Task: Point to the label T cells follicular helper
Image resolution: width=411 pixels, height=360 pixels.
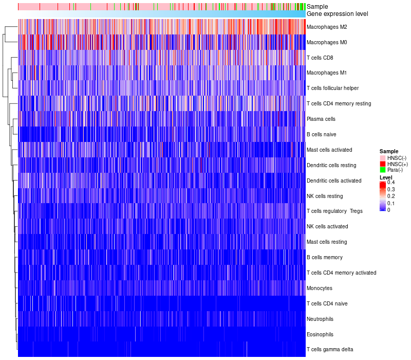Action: click(332, 88)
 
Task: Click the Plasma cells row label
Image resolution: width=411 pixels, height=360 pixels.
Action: click(321, 119)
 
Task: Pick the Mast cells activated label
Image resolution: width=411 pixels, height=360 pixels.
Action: click(329, 150)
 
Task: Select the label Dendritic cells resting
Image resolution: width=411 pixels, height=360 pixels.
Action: click(331, 165)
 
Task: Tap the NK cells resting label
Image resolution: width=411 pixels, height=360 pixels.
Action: click(324, 196)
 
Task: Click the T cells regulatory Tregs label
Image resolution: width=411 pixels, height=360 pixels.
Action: click(334, 211)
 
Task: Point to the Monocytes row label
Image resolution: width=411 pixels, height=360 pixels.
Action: click(319, 288)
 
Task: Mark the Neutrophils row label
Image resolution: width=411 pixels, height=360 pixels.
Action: click(320, 319)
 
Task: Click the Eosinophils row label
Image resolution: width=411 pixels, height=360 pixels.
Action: click(320, 334)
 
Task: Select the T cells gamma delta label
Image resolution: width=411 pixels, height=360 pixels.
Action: click(330, 350)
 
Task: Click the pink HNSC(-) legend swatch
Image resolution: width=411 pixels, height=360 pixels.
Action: click(383, 158)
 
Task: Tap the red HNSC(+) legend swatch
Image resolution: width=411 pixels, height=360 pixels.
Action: click(383, 164)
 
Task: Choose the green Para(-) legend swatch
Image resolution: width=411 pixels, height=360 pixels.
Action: click(383, 170)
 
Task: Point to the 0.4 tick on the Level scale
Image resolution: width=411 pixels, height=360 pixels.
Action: click(391, 183)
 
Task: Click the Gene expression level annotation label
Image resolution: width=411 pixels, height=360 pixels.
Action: click(340, 14)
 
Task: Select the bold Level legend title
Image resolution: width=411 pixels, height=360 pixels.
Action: click(386, 177)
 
